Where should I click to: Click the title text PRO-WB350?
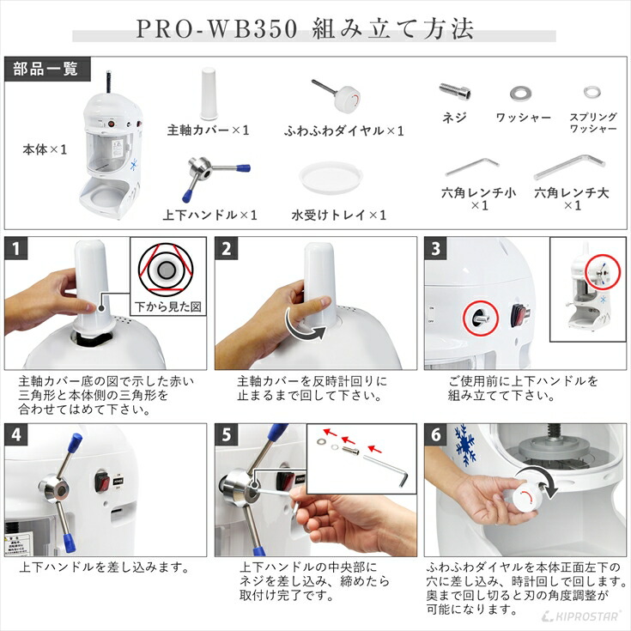coord(217,27)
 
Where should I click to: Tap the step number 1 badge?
coord(15,249)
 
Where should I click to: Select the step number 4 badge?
coord(15,434)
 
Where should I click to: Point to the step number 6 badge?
coord(435,434)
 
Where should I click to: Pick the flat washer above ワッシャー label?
coord(520,92)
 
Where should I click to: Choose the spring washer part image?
coord(592,92)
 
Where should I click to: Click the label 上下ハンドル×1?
coord(209,215)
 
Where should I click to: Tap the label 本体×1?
coord(45,149)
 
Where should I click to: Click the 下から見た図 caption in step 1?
coord(167,306)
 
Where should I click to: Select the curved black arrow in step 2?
coord(300,326)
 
